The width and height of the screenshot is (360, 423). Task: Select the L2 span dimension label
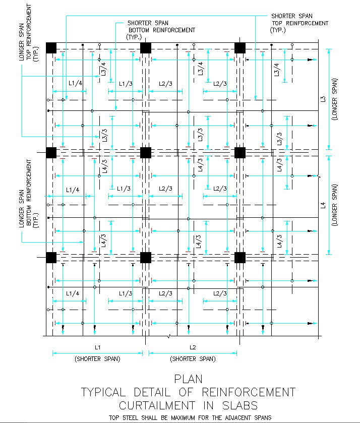tap(193, 347)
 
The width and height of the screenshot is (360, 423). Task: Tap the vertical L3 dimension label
tap(323, 99)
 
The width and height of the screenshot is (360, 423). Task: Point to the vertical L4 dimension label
tap(323, 205)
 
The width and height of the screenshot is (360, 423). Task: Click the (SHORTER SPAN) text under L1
tap(97, 359)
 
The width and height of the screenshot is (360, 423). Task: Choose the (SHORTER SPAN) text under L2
tap(193, 359)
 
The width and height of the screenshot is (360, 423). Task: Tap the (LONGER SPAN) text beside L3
tap(335, 99)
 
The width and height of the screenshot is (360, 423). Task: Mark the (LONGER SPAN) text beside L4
tap(335, 205)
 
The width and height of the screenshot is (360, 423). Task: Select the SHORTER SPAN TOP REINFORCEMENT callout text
tap(299, 23)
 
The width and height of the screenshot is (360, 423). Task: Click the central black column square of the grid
tap(146, 152)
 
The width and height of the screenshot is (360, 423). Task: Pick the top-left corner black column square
tap(51, 47)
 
